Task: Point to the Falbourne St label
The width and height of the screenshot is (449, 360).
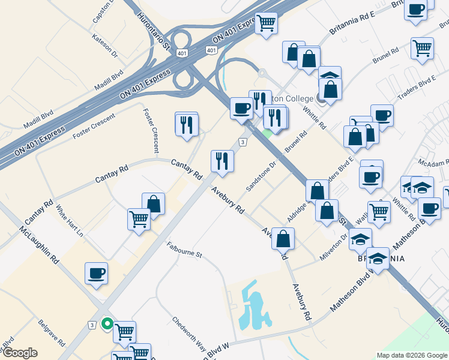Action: pyautogui.click(x=184, y=250)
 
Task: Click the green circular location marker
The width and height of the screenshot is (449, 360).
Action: pyautogui.click(x=107, y=324)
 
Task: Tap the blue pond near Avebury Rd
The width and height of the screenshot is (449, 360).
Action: pyautogui.click(x=253, y=305)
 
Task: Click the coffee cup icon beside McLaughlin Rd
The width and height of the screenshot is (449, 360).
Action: pyautogui.click(x=96, y=274)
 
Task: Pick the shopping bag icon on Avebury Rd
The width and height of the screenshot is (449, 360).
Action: pyautogui.click(x=283, y=238)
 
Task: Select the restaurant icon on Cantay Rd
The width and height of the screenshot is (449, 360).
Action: pyautogui.click(x=222, y=161)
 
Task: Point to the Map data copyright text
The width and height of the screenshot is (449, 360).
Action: pyautogui.click(x=412, y=355)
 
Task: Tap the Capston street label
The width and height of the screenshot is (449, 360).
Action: pyautogui.click(x=103, y=12)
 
